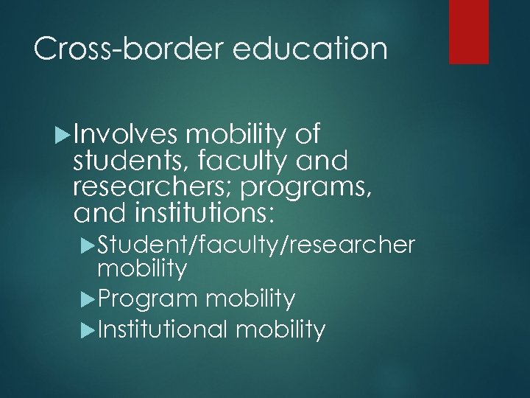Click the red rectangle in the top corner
tap(469, 31)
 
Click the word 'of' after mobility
tap(305, 135)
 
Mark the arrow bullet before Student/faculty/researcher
tap(90, 244)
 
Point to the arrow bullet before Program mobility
tap(90, 299)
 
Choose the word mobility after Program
tap(252, 298)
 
